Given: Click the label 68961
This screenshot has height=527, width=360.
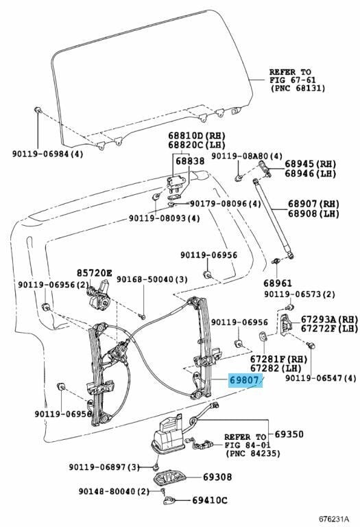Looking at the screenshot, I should coord(278,282).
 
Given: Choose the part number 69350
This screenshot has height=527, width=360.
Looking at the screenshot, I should coord(289,434).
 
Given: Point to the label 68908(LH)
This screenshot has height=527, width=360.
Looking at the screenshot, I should coord(313,214).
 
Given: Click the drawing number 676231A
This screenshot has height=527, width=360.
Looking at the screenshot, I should coord(333,518).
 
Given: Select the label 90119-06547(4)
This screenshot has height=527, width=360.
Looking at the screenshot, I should coord(320,377).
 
